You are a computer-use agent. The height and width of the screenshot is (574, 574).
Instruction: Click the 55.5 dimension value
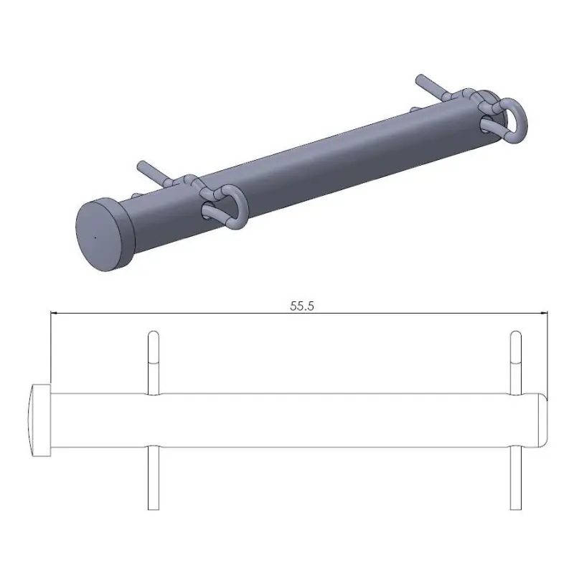pyautogui.click(x=302, y=306)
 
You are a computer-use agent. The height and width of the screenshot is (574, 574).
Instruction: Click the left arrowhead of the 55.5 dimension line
pyautogui.click(x=54, y=313)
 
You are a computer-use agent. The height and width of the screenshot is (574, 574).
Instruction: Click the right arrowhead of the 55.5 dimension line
pyautogui.click(x=543, y=313)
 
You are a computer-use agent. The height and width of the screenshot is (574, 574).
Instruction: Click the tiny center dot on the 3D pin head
pyautogui.click(x=95, y=235)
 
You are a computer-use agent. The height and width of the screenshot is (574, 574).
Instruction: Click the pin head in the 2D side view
pyautogui.click(x=40, y=420)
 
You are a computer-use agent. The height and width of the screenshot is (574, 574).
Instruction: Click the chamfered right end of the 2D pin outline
pyautogui.click(x=543, y=420)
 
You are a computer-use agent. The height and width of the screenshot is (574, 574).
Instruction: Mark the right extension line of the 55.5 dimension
pyautogui.click(x=547, y=352)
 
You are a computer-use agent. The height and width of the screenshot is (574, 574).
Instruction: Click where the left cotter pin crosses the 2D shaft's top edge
pyautogui.click(x=152, y=394)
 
